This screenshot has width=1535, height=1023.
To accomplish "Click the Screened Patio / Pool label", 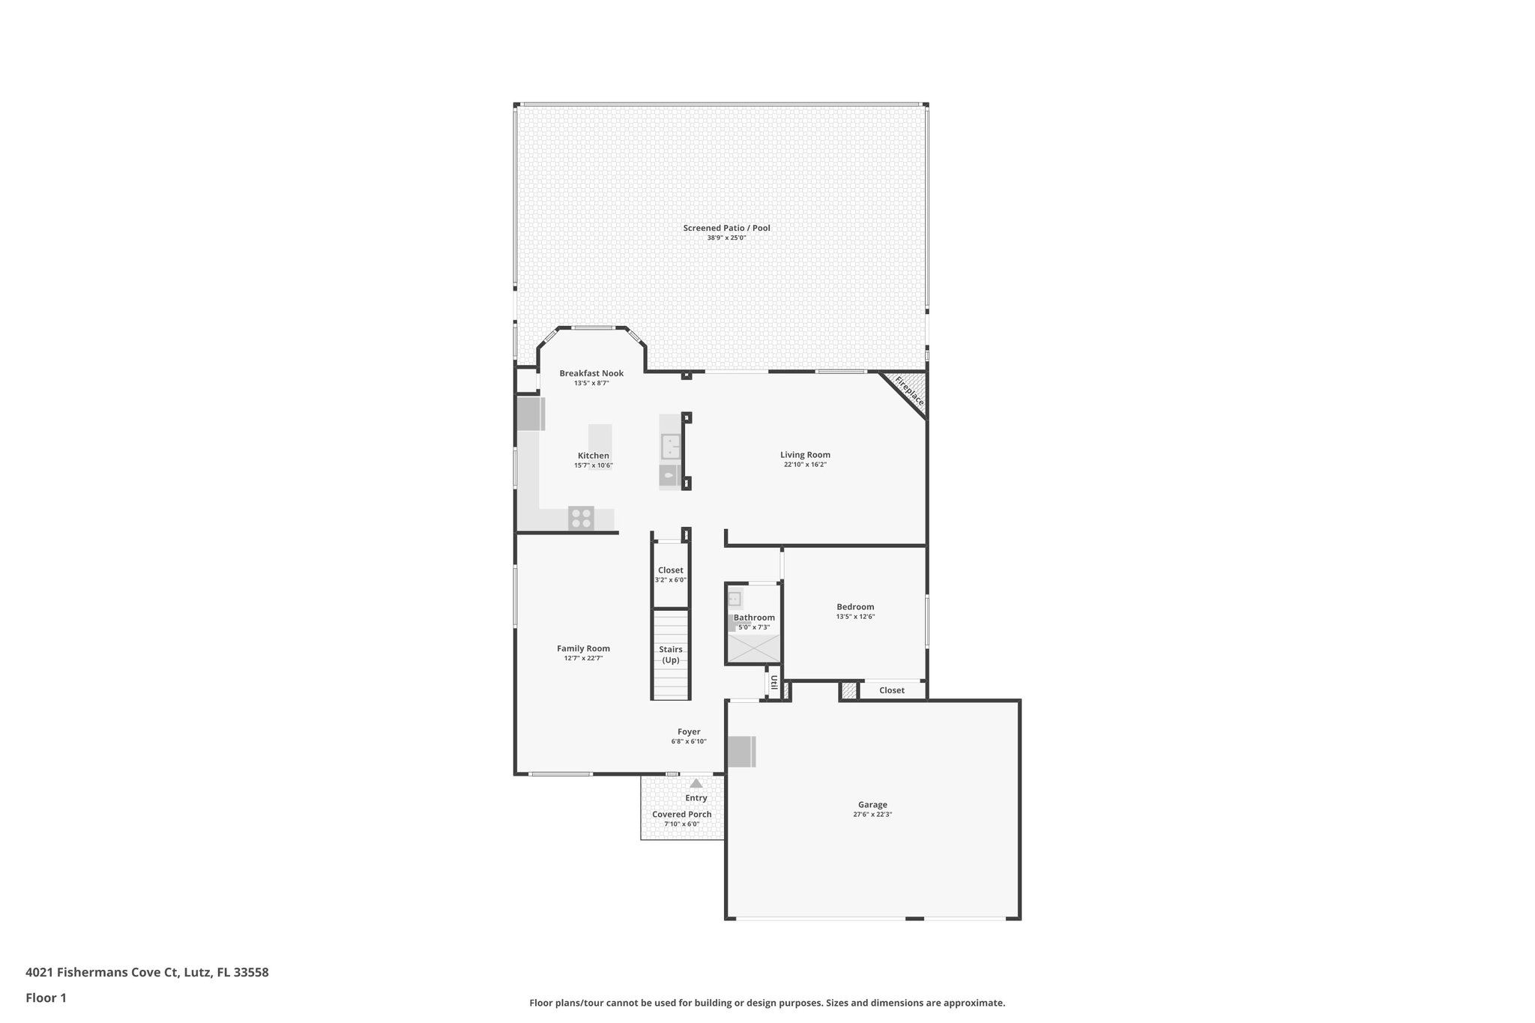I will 726,228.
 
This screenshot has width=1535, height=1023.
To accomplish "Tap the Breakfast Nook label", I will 591,373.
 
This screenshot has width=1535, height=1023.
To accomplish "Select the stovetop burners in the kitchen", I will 581,518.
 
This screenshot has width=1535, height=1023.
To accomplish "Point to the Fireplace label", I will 909,391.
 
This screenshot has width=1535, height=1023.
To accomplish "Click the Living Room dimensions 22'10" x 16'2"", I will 805,465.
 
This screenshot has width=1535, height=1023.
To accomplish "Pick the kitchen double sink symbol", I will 670,447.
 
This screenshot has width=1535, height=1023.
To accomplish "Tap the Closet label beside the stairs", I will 670,570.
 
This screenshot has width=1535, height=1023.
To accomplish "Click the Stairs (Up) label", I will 670,654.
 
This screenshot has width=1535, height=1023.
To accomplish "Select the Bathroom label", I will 754,618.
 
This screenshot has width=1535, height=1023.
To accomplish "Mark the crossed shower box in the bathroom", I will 753,648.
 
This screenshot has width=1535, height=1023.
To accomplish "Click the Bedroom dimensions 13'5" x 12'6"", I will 855,617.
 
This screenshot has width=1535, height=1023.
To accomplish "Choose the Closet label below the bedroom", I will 891,690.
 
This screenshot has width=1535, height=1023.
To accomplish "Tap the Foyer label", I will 689,731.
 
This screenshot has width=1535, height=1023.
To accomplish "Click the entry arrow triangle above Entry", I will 696,783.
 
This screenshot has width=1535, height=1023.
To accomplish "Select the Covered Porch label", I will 681,814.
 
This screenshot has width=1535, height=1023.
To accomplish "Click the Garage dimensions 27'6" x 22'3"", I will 872,814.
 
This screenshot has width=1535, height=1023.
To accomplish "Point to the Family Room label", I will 583,648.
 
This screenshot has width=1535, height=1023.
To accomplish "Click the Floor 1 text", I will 46,998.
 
